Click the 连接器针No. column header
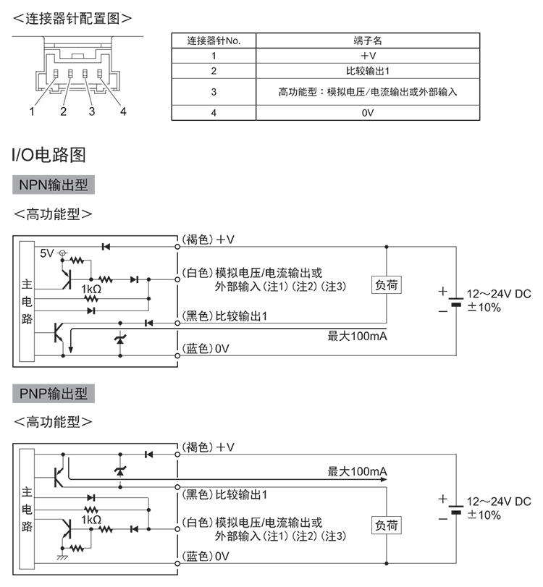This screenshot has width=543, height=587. click(214, 41)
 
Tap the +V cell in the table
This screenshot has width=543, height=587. click(369, 56)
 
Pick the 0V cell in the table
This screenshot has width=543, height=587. click(369, 113)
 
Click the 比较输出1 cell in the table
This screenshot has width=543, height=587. click(369, 71)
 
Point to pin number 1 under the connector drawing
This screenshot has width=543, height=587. click(32, 111)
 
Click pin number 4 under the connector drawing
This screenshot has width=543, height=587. click(123, 111)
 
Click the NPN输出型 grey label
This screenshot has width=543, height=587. click(54, 185)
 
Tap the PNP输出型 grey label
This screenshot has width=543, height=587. click(54, 394)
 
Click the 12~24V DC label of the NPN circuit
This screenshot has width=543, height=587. click(499, 294)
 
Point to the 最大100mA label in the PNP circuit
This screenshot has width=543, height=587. click(358, 472)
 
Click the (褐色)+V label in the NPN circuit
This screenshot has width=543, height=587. click(209, 239)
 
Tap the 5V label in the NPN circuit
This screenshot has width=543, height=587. click(47, 253)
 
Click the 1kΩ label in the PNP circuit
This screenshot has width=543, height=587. click(91, 519)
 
